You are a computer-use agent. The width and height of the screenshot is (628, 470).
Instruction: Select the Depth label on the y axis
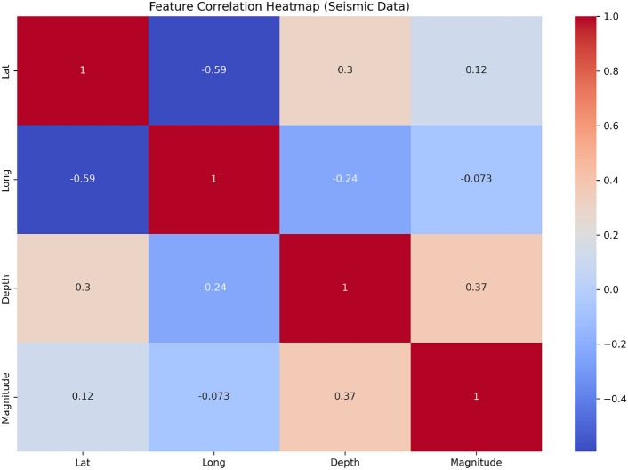pos(8,289)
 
